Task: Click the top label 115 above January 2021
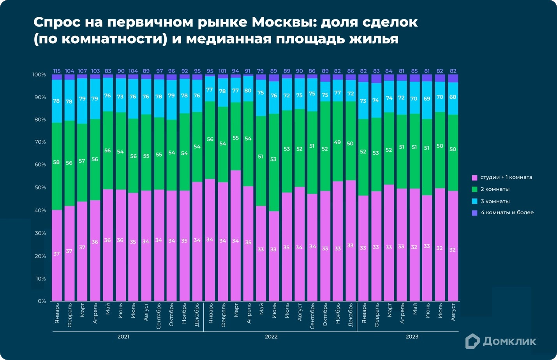pyautogui.click(x=57, y=71)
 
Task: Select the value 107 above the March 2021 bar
pyautogui.click(x=82, y=71)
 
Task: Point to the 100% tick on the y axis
pyautogui.click(x=39, y=74)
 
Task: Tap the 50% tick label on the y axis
pyautogui.click(x=40, y=187)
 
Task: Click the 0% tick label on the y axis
pyautogui.click(x=42, y=301)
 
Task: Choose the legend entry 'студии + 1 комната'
pyautogui.click(x=506, y=177)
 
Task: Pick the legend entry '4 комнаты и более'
pyautogui.click(x=507, y=213)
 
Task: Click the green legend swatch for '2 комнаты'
pyautogui.click(x=474, y=189)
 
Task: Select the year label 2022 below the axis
pyautogui.click(x=271, y=337)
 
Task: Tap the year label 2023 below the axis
pyautogui.click(x=412, y=337)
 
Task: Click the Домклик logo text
pyautogui.click(x=509, y=342)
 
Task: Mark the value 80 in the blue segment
pyautogui.click(x=248, y=90)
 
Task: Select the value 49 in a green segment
pyautogui.click(x=337, y=142)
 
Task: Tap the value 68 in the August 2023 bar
pyautogui.click(x=453, y=97)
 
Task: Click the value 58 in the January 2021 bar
pyautogui.click(x=56, y=162)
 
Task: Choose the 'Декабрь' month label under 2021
pyautogui.click(x=197, y=315)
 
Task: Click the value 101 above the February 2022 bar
pyautogui.click(x=222, y=71)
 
